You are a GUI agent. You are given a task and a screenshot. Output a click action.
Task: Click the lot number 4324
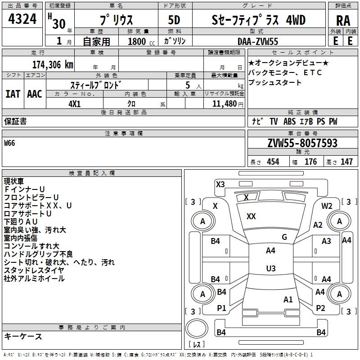(22, 21)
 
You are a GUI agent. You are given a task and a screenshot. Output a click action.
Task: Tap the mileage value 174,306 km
(53, 64)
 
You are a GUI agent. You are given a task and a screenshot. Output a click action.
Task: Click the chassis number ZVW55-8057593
(302, 143)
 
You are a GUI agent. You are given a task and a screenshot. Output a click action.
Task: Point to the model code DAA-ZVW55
(258, 41)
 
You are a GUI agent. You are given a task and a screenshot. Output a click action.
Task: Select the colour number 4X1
(75, 103)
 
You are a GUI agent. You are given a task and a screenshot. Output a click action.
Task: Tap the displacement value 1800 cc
(137, 41)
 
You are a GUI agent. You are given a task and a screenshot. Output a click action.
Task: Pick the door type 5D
(174, 21)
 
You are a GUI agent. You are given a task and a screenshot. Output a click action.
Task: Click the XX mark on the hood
(251, 216)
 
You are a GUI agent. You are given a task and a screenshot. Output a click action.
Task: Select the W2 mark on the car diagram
(327, 206)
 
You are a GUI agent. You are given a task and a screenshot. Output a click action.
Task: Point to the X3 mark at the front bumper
(220, 184)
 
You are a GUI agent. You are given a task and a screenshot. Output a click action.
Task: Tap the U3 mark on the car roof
(270, 268)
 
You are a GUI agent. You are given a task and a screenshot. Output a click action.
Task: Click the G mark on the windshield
(284, 237)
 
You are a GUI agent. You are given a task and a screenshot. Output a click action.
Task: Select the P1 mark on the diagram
(221, 308)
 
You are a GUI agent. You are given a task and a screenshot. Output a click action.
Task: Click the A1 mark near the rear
(288, 299)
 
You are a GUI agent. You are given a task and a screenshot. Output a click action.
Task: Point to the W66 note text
(9, 144)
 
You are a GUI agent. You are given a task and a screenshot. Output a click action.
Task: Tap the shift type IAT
(13, 94)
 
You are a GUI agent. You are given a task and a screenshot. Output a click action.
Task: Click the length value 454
(273, 162)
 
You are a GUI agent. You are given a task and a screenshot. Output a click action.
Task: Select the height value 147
(346, 162)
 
